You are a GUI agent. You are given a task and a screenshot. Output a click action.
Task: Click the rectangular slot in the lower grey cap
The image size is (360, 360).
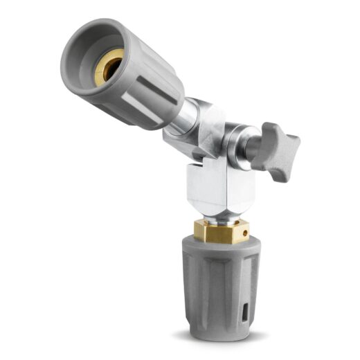[246, 309]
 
